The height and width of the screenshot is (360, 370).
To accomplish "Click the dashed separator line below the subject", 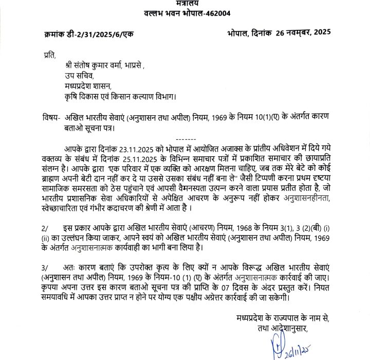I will point(185,139).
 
